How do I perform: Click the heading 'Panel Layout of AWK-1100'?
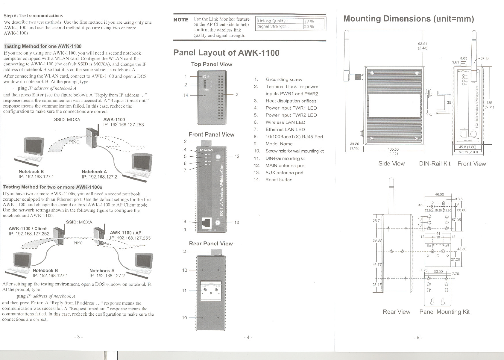coord(226,53)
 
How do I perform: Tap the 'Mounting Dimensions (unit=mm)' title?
coord(409,19)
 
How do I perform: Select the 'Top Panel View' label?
coord(212,64)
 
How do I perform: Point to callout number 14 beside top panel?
coord(186,95)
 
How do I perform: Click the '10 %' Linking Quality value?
coord(309,21)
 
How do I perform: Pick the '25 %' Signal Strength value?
coord(309,27)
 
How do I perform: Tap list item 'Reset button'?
coord(279,180)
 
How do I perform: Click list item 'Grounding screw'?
coord(284,79)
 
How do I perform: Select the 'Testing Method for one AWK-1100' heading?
coord(42,46)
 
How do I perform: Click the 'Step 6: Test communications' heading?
coord(33,16)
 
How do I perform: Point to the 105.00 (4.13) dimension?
coord(393,152)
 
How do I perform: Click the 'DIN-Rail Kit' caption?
coord(435,164)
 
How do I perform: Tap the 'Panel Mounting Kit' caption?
coord(444,312)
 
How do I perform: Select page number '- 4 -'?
coord(248,338)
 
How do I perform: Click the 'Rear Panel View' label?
coord(211,243)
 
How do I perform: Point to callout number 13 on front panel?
coord(236,223)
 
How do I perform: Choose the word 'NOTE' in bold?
coord(181,20)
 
